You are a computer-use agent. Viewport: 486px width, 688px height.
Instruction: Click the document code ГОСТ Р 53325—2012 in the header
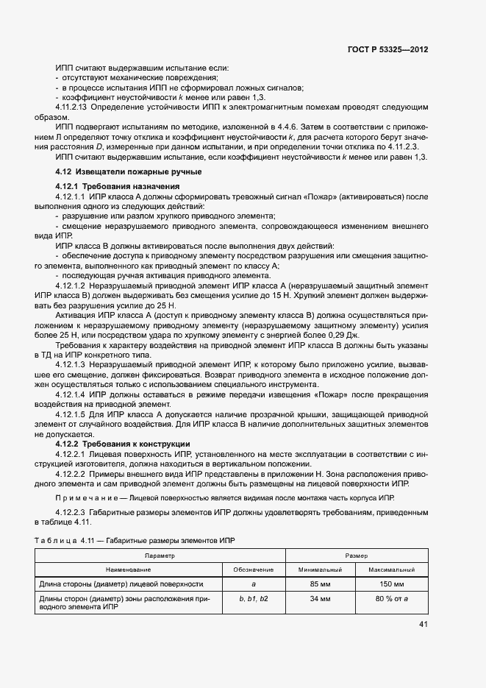pyautogui.click(x=387, y=49)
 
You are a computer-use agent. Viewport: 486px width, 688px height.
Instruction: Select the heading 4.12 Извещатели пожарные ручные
pyautogui.click(x=118, y=172)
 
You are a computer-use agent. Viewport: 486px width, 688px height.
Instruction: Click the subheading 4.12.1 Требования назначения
pyautogui.click(x=118, y=186)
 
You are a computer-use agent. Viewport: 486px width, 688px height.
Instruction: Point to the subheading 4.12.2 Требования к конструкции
pyautogui.click(x=123, y=444)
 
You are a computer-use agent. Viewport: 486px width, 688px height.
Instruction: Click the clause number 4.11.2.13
pyautogui.click(x=75, y=107)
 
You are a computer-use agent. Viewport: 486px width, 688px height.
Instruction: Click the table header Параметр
pyautogui.click(x=160, y=556)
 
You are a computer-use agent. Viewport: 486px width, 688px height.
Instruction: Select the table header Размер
pyautogui.click(x=357, y=556)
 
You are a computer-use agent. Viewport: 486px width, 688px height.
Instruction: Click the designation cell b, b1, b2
pyautogui.click(x=254, y=599)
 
